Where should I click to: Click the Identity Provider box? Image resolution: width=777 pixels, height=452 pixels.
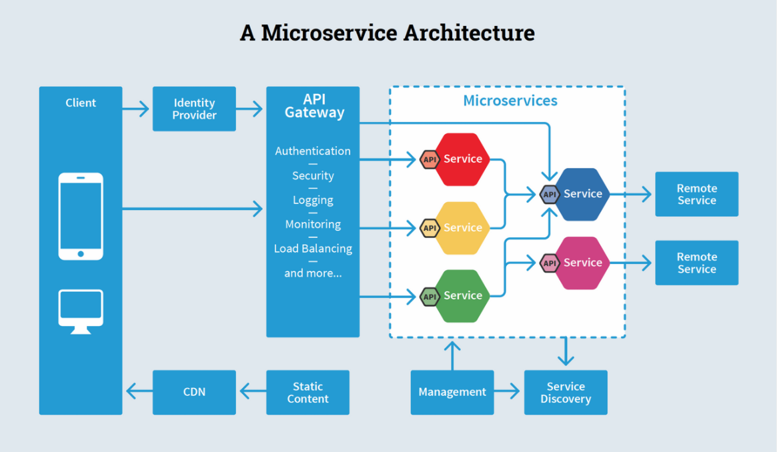[x=194, y=109]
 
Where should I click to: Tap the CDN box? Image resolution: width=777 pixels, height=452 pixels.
[x=194, y=392]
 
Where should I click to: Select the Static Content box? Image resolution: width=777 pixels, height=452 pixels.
[x=307, y=392]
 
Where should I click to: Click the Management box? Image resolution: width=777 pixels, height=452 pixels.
[x=452, y=392]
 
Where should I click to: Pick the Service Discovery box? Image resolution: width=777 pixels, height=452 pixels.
[x=566, y=392]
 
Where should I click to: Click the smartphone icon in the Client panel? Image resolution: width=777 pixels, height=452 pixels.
[x=81, y=217]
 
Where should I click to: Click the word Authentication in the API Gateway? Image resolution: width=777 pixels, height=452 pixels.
[x=313, y=151]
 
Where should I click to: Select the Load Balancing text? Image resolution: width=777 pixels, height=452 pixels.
[x=313, y=249]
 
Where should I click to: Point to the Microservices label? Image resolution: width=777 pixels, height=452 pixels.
[x=510, y=101]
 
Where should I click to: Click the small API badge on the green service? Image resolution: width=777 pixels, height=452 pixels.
[x=430, y=297]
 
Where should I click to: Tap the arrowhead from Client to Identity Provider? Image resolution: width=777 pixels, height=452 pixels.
[x=144, y=109]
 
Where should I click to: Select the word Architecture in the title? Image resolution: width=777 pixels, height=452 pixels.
[x=469, y=33]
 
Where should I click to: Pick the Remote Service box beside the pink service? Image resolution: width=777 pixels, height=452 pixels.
[x=697, y=263]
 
